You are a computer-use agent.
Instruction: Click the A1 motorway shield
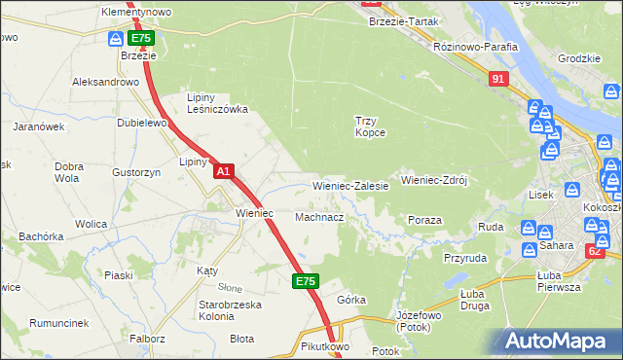(x=223, y=171)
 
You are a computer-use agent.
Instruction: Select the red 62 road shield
(x=595, y=251)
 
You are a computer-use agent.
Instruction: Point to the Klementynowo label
(x=136, y=12)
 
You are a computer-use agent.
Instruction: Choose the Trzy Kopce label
(x=370, y=126)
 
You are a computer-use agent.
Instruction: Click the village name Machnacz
(x=319, y=217)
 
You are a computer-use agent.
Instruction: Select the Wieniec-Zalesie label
(x=350, y=185)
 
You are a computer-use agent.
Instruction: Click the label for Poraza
(x=425, y=220)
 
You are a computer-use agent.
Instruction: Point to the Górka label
(x=350, y=299)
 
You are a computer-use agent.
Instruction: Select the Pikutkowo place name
(x=325, y=345)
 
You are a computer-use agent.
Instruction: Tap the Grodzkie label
(x=578, y=58)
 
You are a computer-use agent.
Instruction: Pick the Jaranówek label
(x=38, y=126)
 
